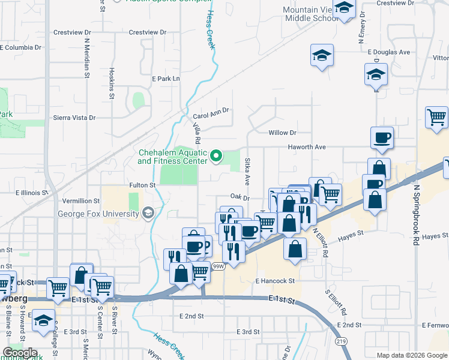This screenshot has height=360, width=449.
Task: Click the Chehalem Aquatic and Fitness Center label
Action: (172, 157)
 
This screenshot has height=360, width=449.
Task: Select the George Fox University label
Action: (98, 213)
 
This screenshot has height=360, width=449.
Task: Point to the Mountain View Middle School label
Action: (311, 14)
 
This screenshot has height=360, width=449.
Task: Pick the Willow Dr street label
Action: (283, 133)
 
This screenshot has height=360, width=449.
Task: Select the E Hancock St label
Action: (275, 281)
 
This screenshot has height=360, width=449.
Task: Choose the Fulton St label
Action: (142, 185)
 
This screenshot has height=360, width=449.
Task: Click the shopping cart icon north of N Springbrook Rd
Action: (436, 116)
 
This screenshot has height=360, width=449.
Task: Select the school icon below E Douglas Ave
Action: (376, 75)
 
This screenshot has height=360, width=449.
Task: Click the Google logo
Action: (20, 352)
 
